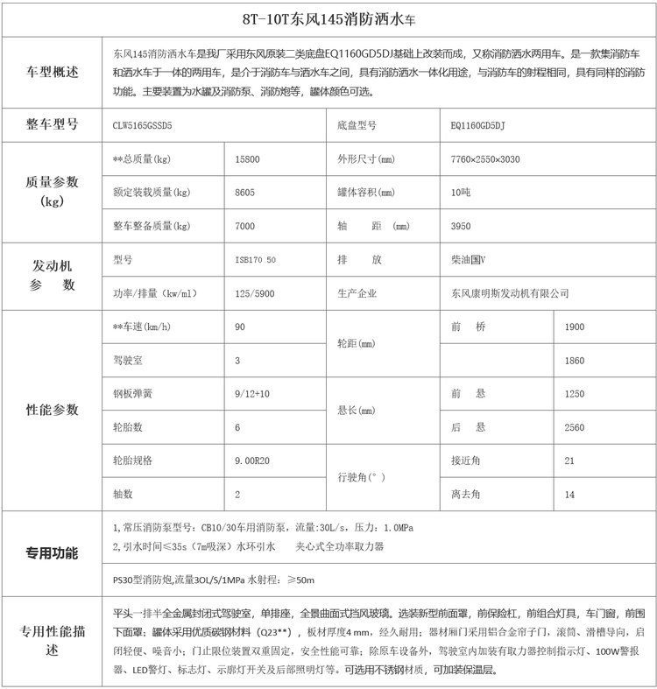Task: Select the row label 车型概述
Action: [53, 72]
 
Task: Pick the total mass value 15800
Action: [248, 160]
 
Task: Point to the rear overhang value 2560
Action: [575, 426]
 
